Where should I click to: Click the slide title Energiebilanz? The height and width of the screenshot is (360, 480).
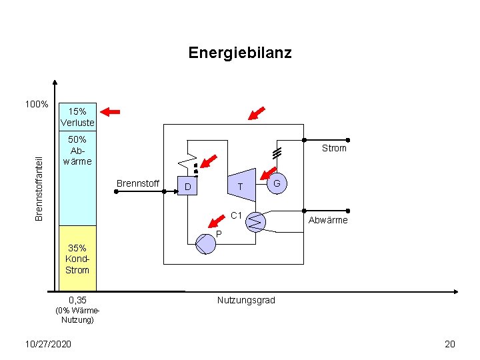[239, 52]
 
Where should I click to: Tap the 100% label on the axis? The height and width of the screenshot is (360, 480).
[36, 105]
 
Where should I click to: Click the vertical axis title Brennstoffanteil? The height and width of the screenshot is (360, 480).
[39, 187]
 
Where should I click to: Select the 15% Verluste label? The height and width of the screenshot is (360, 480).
[77, 117]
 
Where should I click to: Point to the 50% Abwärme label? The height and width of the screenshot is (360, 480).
[77, 150]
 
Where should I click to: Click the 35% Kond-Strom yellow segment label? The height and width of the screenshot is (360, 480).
[77, 259]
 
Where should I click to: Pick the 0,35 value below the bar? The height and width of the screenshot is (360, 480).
[77, 300]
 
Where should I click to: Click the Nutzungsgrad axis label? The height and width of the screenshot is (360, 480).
[246, 300]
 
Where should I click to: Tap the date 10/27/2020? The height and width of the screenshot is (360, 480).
[47, 343]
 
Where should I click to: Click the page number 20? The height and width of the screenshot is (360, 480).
[450, 343]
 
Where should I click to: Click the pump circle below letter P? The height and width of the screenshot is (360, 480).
[206, 245]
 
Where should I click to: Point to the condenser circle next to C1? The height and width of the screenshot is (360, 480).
[255, 221]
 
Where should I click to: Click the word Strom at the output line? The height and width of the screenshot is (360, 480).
[334, 148]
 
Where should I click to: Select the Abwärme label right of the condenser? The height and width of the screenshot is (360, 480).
[327, 220]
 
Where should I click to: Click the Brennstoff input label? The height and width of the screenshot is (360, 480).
[138, 183]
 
